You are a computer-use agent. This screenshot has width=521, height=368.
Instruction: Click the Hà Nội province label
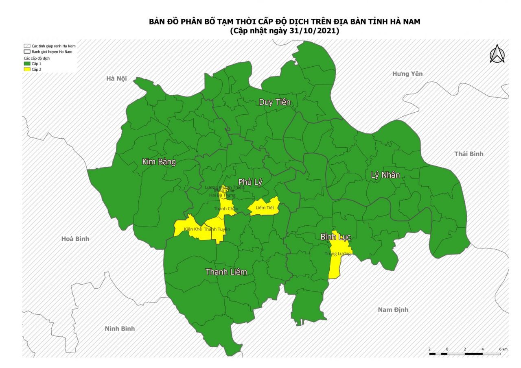116,78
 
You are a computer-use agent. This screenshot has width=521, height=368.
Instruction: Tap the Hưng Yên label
407,74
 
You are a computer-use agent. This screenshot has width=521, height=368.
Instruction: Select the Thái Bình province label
468,154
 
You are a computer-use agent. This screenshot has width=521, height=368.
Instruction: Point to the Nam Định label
393,310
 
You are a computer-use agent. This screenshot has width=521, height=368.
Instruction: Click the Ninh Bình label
120,329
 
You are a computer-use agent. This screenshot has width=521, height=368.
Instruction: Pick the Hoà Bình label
75,239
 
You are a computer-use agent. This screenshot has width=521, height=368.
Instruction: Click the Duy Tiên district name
275,102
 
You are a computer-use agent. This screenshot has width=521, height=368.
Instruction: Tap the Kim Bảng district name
159,162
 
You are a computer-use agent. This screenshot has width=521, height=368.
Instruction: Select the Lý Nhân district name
385,175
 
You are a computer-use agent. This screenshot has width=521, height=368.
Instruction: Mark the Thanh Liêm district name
226,272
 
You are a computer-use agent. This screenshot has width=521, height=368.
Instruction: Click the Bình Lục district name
335,237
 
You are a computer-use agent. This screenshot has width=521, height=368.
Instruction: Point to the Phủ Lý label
250,183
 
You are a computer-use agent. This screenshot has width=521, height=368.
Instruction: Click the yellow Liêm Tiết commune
265,207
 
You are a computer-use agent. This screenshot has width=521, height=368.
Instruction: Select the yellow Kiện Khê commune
188,228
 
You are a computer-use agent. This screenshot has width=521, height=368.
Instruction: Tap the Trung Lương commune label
337,254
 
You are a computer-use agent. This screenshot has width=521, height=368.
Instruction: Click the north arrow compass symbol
497,54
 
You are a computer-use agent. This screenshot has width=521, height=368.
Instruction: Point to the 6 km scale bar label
503,349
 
